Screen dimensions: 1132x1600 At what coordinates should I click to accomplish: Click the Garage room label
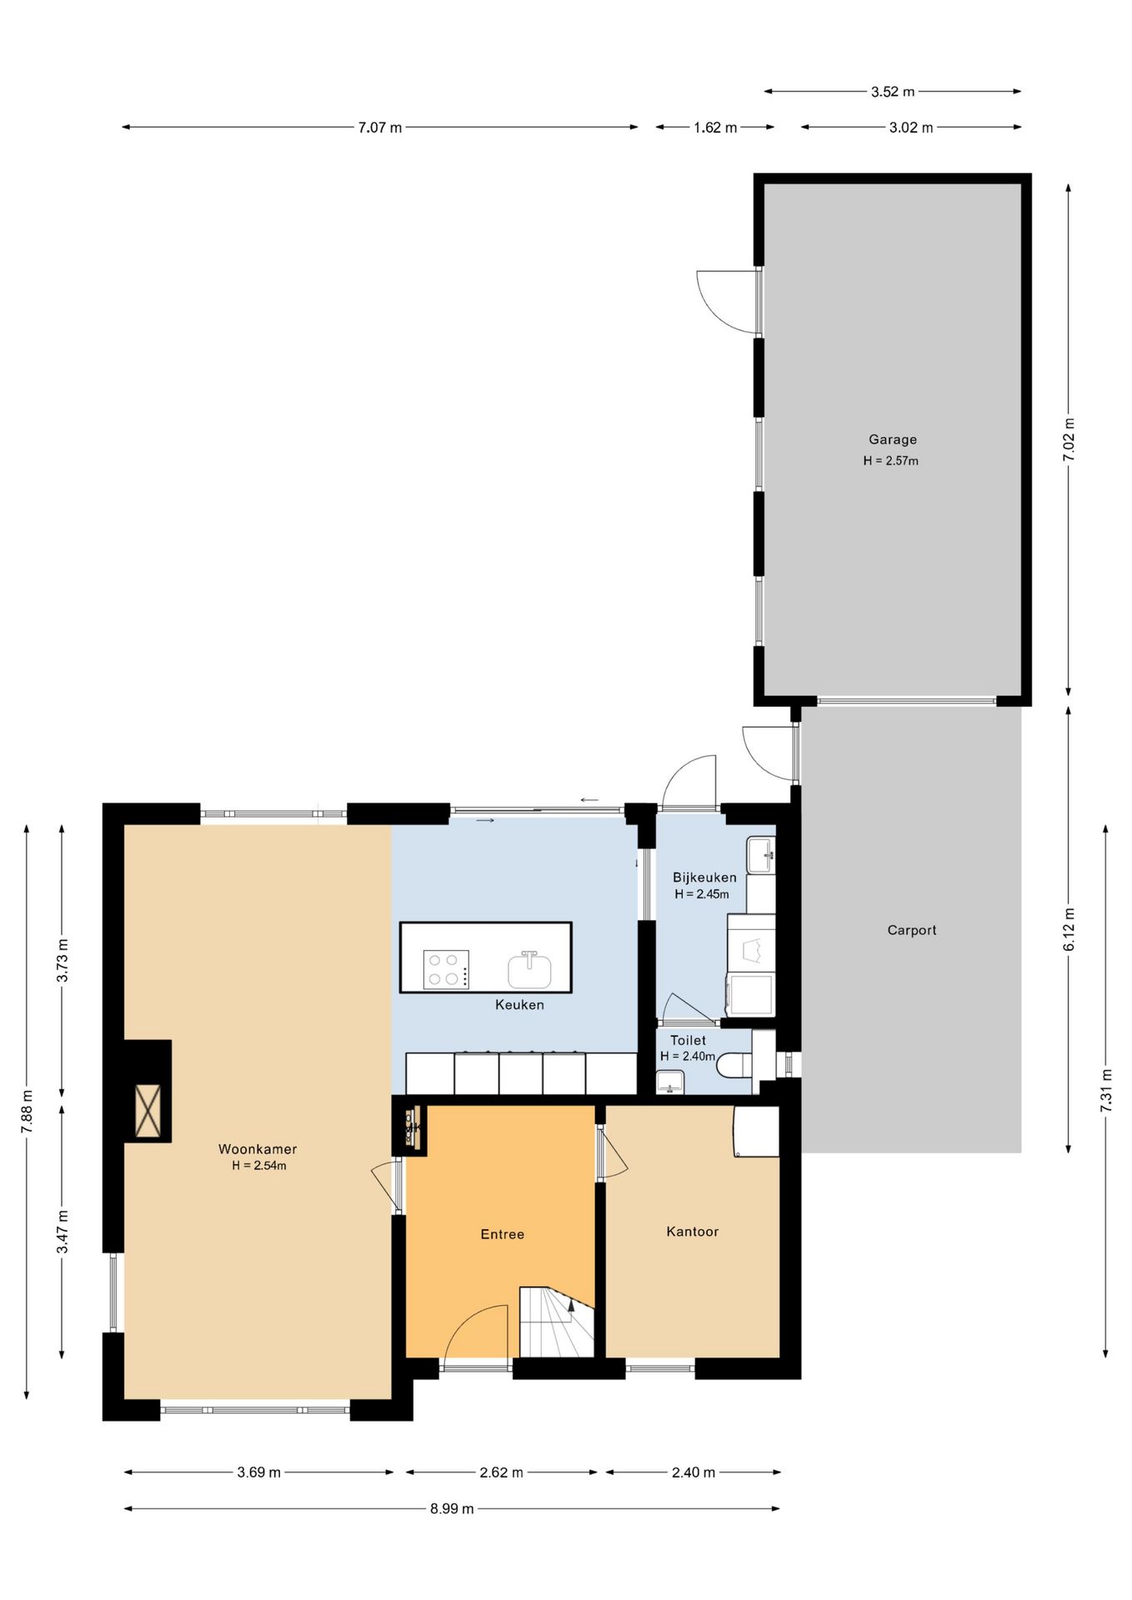click(x=892, y=440)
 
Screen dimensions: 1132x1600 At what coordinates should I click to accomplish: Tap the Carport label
click(x=911, y=930)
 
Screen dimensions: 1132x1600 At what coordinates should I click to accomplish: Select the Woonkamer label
click(x=258, y=1149)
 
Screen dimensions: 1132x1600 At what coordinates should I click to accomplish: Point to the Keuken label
click(x=519, y=1005)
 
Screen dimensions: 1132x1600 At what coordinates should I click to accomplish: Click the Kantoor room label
click(x=692, y=1232)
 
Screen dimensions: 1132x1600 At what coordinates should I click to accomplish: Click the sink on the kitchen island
click(x=529, y=970)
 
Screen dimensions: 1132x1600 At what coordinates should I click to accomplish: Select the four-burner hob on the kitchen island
click(x=446, y=970)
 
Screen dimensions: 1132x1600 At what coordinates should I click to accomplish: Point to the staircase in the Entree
click(x=557, y=1322)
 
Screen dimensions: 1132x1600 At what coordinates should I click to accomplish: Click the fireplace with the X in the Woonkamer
click(x=148, y=1111)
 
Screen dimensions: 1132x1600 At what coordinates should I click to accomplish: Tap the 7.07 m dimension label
click(x=380, y=127)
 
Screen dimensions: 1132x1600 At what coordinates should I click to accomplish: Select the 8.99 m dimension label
click(x=452, y=1509)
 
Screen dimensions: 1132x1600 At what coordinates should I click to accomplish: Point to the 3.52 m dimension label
click(x=893, y=92)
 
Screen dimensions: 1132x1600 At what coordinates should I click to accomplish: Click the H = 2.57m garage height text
click(x=891, y=461)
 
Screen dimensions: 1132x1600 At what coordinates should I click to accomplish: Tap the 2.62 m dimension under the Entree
click(x=501, y=1472)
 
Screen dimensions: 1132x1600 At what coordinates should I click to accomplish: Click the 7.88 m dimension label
click(x=28, y=1112)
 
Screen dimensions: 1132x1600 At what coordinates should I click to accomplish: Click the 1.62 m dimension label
click(x=715, y=127)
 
